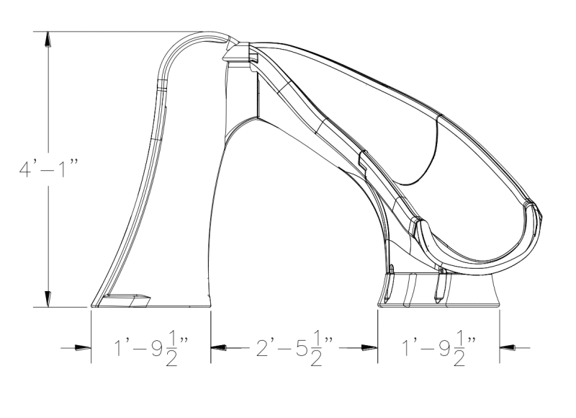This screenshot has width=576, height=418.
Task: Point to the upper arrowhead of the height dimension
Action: point(48,40)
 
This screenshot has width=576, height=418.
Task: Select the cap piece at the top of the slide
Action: point(235,53)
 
